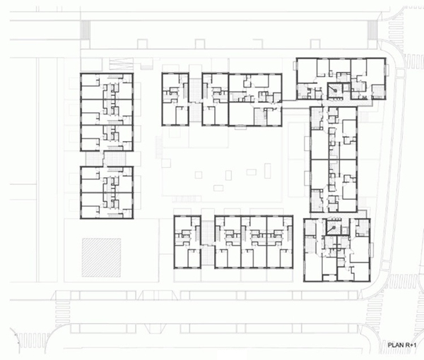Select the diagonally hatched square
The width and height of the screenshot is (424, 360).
[101, 258]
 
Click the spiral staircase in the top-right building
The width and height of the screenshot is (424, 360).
[334, 91]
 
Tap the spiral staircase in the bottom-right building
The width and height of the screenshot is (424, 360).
[333, 227]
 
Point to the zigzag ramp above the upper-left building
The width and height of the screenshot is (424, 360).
[121, 64]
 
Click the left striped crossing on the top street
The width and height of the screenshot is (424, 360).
[85, 30]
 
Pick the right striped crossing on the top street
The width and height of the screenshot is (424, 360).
[372, 30]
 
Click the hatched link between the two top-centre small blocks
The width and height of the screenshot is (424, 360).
[195, 99]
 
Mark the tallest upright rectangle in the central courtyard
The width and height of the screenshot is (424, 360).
[268, 170]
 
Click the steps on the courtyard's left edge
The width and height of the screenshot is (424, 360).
[158, 148]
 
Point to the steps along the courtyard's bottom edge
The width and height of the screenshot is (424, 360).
[187, 199]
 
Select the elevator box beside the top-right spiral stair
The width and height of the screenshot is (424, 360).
[346, 88]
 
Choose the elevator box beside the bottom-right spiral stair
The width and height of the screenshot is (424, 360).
[345, 232]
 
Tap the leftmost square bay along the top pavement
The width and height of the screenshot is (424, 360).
[142, 44]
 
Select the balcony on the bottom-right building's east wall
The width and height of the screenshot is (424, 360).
[372, 250]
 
